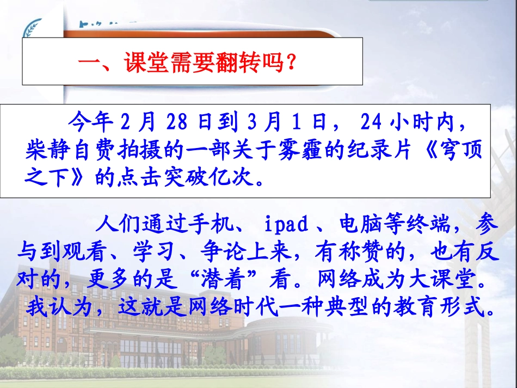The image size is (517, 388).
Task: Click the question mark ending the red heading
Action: point(291,63)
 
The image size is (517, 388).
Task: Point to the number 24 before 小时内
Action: point(371,123)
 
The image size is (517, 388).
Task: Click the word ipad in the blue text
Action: point(287,224)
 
